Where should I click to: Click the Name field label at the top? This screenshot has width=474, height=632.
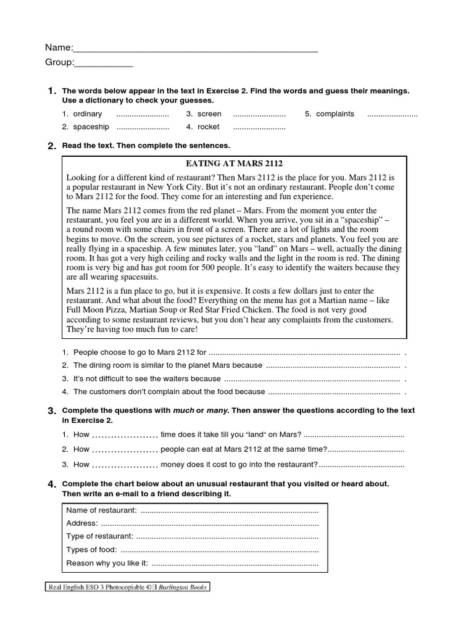point(58,48)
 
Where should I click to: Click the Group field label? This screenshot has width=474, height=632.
point(59,62)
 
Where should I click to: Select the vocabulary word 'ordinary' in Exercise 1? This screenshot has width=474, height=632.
point(88,114)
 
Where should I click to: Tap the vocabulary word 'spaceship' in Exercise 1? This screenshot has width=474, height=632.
point(91,127)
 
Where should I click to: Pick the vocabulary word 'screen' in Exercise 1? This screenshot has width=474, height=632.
point(209,114)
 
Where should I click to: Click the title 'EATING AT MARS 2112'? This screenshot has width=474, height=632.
point(234,164)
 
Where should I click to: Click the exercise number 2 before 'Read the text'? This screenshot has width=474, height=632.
point(52,146)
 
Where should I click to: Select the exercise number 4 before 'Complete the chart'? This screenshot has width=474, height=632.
point(52,484)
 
